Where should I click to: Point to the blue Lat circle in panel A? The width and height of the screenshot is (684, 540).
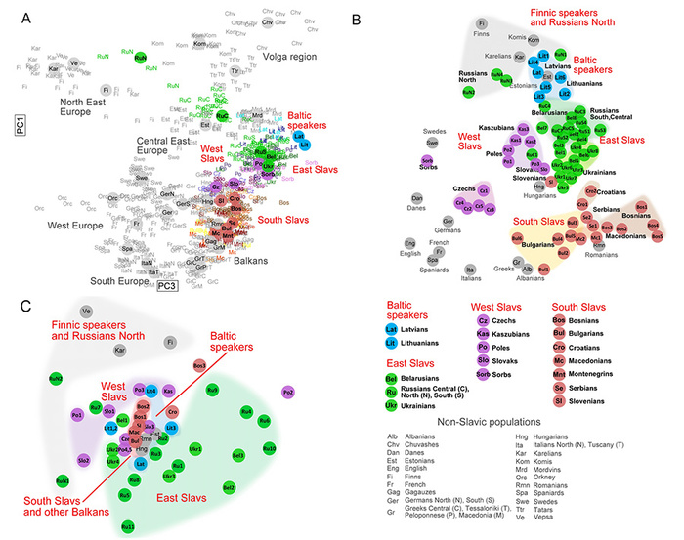click(x=297, y=137)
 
